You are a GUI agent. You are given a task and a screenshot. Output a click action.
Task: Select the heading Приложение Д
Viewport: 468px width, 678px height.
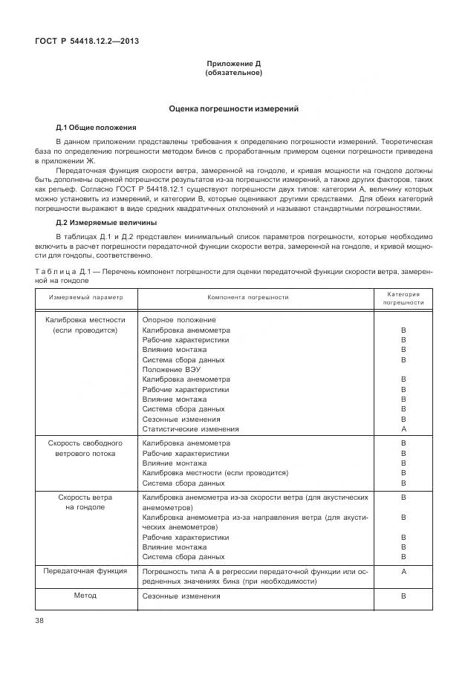(233, 64)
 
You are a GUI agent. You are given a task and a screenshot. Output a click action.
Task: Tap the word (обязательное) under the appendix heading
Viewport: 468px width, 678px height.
(233, 73)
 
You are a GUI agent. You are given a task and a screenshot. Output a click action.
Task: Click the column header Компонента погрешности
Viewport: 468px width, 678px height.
(248, 297)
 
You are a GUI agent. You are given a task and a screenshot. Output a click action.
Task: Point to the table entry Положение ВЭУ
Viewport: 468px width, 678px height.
(172, 369)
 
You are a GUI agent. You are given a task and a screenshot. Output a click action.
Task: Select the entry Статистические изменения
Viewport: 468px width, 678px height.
(191, 428)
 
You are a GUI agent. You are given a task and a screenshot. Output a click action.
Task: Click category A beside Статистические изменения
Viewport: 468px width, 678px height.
(403, 428)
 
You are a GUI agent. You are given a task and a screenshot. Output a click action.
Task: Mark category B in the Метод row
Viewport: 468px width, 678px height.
(403, 596)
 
